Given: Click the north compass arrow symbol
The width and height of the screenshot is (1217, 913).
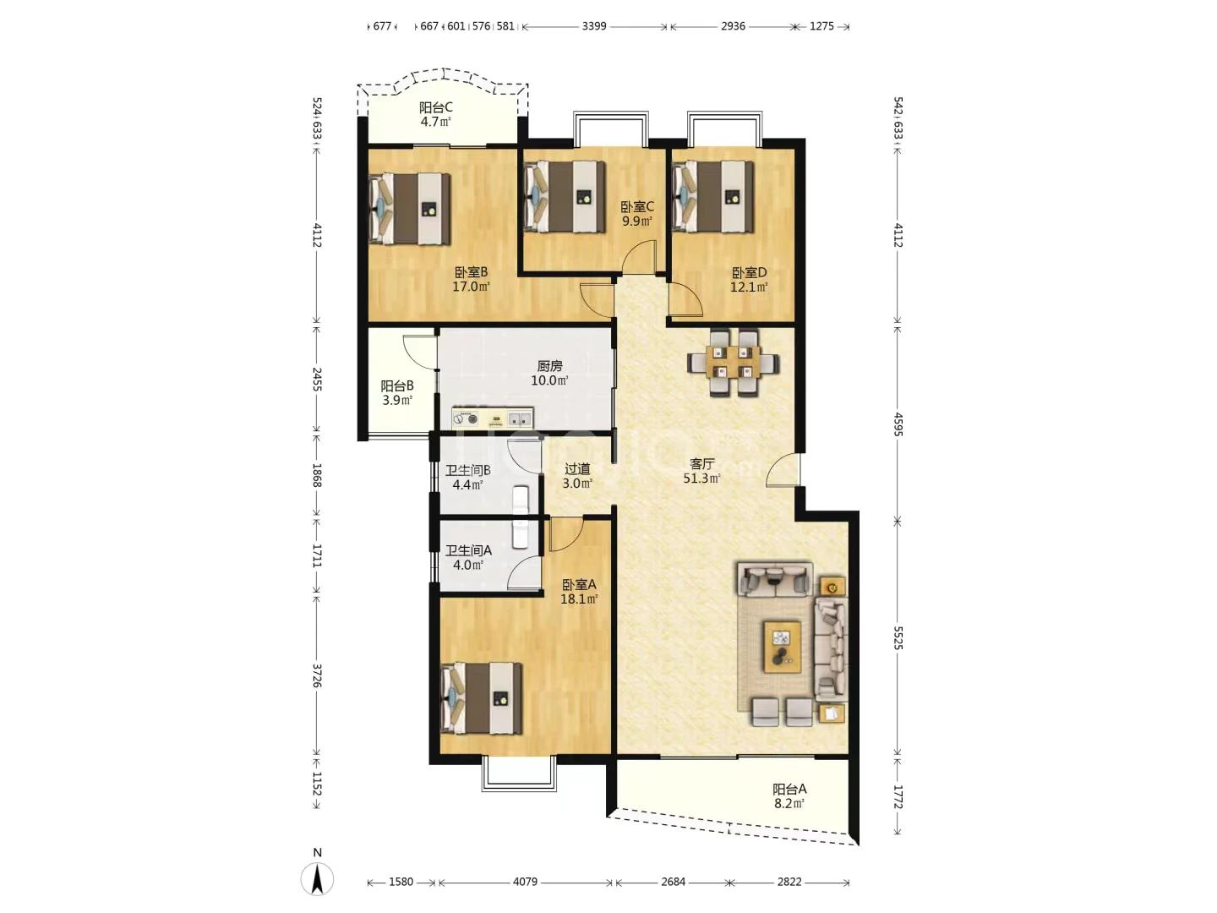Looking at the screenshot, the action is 317,879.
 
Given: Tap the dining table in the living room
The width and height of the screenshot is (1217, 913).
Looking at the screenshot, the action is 733,364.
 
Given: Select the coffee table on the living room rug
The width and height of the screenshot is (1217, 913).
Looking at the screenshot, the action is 782,647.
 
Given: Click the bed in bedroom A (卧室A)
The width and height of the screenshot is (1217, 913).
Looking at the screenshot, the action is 481,698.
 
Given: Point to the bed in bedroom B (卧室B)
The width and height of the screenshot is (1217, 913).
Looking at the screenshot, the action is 410,209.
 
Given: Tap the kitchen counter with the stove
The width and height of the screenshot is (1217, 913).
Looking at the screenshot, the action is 493,418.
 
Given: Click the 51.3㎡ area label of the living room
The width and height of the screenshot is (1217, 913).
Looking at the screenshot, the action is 702,478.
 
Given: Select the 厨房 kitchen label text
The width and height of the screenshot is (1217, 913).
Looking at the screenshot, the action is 549,366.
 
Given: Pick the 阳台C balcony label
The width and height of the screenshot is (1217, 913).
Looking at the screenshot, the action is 436,107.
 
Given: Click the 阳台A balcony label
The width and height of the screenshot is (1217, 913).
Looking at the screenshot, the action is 789,789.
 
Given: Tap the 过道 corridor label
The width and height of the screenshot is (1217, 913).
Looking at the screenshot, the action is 577,469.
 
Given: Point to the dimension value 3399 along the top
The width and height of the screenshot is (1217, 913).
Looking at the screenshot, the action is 594,26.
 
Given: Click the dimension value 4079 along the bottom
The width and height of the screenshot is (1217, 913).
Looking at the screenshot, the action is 525,882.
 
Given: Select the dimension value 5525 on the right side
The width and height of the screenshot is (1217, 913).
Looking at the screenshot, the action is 898,638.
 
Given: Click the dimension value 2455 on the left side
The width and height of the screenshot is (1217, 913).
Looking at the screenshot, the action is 317,380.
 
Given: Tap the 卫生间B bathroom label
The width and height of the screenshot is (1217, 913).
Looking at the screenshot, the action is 468,471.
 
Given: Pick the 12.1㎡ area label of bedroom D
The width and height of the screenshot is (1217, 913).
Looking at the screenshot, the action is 749,287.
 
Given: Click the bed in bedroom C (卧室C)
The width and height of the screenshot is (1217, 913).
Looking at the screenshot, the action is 564,197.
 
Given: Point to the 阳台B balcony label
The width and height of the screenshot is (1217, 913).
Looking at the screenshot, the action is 397,385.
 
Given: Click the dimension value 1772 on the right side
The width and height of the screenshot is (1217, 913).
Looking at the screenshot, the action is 898,796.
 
